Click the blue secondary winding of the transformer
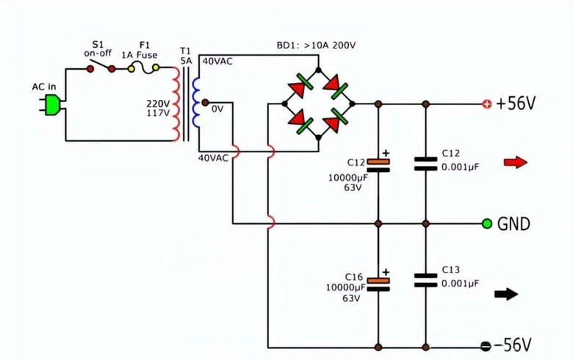click(x=195, y=103)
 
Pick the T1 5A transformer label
click(x=185, y=56)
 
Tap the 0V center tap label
click(x=217, y=109)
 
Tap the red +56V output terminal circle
click(x=486, y=104)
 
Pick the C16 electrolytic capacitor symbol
click(x=378, y=284)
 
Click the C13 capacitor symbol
click(x=425, y=280)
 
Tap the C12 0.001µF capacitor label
click(x=460, y=160)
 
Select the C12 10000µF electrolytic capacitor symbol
click(x=378, y=163)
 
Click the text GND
click(x=513, y=224)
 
